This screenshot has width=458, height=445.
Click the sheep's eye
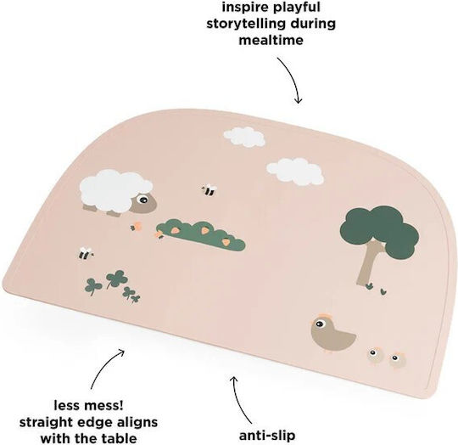point(143,199)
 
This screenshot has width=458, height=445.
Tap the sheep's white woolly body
point(114,190)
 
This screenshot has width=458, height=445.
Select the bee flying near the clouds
point(209,189)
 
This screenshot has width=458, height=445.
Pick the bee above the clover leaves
point(86,253)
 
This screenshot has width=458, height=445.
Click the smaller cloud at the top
point(244,137)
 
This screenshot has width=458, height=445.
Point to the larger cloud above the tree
point(295,172)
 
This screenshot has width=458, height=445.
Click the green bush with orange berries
point(201,235)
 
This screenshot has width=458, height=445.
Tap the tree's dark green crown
point(380,228)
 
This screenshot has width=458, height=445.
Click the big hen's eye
point(320,324)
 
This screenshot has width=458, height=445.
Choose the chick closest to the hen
point(375,355)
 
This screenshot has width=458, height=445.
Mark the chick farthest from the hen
point(397,359)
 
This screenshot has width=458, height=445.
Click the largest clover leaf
point(116,278)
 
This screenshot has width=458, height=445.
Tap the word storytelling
point(248,24)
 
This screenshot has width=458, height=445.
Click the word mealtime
point(271,40)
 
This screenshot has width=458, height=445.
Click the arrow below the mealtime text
point(291,79)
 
